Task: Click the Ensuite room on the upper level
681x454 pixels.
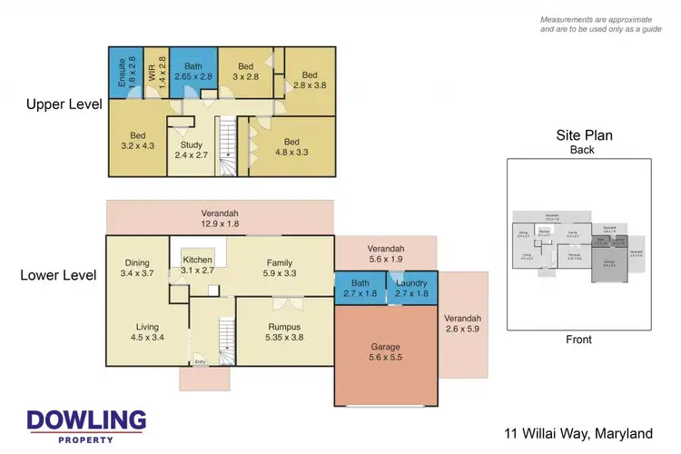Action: click(123, 71)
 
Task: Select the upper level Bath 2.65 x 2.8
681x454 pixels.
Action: click(193, 71)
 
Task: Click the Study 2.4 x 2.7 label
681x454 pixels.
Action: click(192, 149)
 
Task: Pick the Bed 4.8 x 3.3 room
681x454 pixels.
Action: click(291, 148)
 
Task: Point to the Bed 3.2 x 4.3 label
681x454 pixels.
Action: click(137, 141)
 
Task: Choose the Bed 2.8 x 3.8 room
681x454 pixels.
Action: click(310, 81)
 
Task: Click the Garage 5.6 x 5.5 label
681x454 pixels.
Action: click(385, 351)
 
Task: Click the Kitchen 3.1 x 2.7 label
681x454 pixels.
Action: click(198, 265)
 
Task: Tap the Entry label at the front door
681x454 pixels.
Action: click(201, 363)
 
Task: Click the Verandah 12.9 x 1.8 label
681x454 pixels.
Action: click(219, 219)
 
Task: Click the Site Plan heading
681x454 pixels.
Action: click(584, 136)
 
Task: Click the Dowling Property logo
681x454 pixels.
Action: click(86, 425)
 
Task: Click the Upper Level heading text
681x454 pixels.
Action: click(58, 104)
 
